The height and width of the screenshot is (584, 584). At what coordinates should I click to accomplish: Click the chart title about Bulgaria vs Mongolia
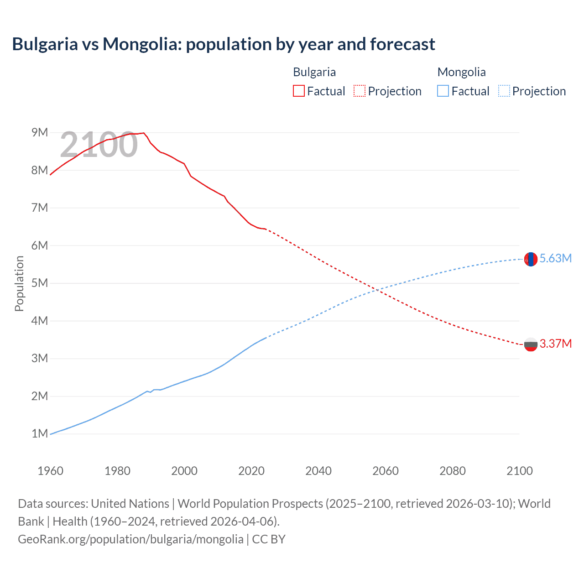224,44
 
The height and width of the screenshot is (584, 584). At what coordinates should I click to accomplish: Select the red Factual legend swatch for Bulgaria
298,91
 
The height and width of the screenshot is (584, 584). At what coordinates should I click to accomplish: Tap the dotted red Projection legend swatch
360,91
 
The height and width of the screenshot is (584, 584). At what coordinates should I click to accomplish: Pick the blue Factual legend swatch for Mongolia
443,91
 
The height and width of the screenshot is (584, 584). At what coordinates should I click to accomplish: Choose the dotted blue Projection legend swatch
504,91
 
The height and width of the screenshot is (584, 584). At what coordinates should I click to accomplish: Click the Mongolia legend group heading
461,72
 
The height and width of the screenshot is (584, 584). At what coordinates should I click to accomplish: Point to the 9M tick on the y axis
40,133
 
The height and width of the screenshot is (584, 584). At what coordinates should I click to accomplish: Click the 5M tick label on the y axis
40,283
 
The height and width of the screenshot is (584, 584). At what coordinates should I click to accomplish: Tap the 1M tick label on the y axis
40,433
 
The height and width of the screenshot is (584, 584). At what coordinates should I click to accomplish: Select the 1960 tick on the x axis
50,471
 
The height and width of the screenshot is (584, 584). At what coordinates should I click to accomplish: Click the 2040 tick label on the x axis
318,471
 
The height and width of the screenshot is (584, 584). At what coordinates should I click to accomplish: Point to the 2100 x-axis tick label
519,471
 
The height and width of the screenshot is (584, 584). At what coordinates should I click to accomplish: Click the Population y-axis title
19,283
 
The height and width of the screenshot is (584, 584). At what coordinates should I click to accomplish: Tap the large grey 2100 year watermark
99,145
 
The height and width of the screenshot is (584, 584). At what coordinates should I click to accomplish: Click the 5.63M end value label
555,258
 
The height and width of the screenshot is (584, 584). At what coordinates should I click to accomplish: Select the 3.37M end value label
555,344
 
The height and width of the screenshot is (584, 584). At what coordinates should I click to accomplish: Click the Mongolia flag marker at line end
531,259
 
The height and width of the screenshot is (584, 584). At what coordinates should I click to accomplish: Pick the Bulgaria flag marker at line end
531,344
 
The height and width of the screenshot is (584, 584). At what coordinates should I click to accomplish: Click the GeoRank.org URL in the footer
130,539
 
